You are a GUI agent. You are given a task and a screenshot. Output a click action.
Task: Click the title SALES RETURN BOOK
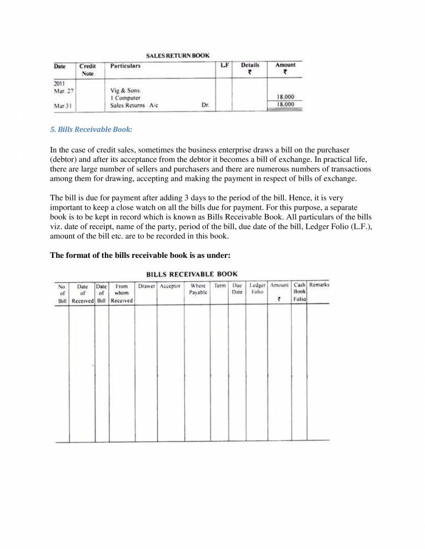click(177, 56)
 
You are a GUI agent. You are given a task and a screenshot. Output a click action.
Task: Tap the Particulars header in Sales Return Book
click(126, 66)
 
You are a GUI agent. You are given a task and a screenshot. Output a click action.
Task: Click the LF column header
click(224, 65)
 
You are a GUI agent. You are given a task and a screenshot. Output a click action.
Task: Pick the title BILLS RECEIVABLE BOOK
click(192, 274)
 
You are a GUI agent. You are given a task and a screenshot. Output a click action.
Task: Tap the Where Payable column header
click(198, 289)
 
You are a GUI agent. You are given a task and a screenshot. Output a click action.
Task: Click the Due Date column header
click(237, 289)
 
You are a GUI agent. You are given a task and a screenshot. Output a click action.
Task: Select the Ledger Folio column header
click(257, 289)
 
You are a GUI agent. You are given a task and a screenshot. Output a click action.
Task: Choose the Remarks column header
click(319, 285)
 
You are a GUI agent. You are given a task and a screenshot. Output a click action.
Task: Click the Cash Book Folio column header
click(299, 292)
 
